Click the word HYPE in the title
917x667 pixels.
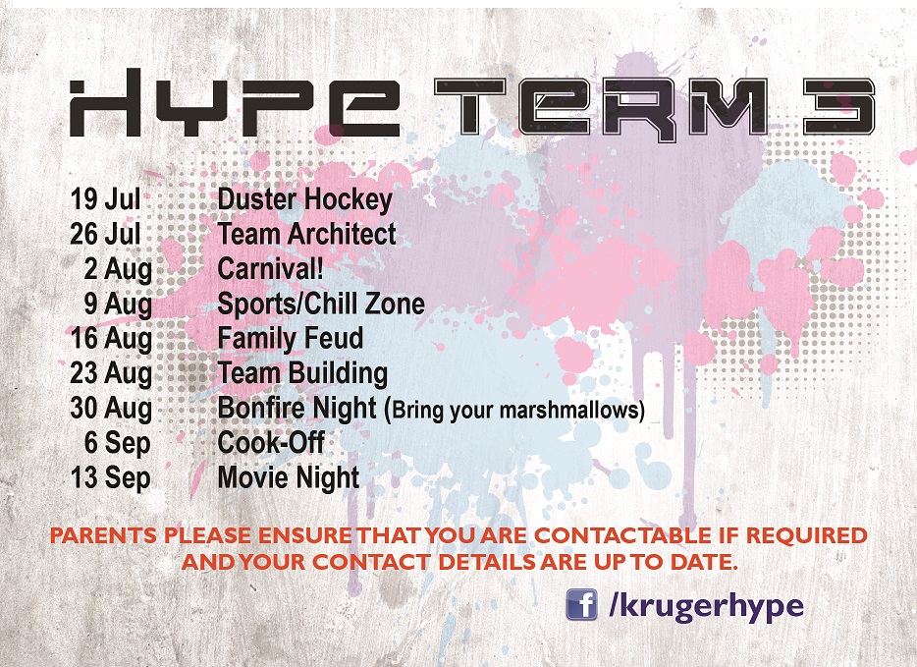pyautogui.click(x=235, y=103)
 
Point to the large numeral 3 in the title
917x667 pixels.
pyautogui.click(x=838, y=107)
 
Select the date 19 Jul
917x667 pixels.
pyautogui.click(x=105, y=199)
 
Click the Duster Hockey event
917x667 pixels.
pyautogui.click(x=304, y=200)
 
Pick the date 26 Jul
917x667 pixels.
pyautogui.click(x=105, y=234)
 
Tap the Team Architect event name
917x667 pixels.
pyautogui.click(x=306, y=234)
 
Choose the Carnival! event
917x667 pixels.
pyautogui.click(x=270, y=268)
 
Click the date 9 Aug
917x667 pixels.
pyautogui.click(x=118, y=305)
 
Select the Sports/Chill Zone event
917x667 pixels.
pyautogui.click(x=321, y=304)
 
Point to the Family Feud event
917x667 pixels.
pyautogui.click(x=290, y=339)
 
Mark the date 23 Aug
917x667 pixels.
pyautogui.click(x=111, y=374)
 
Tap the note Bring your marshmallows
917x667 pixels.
pyautogui.click(x=518, y=410)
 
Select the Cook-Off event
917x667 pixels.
pyautogui.click(x=271, y=442)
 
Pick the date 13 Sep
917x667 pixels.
pyautogui.click(x=110, y=477)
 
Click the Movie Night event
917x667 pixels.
pyautogui.click(x=289, y=477)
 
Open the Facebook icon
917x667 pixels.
pyautogui.click(x=581, y=604)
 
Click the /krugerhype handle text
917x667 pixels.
pyautogui.click(x=706, y=606)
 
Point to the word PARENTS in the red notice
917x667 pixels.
pyautogui.click(x=103, y=535)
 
